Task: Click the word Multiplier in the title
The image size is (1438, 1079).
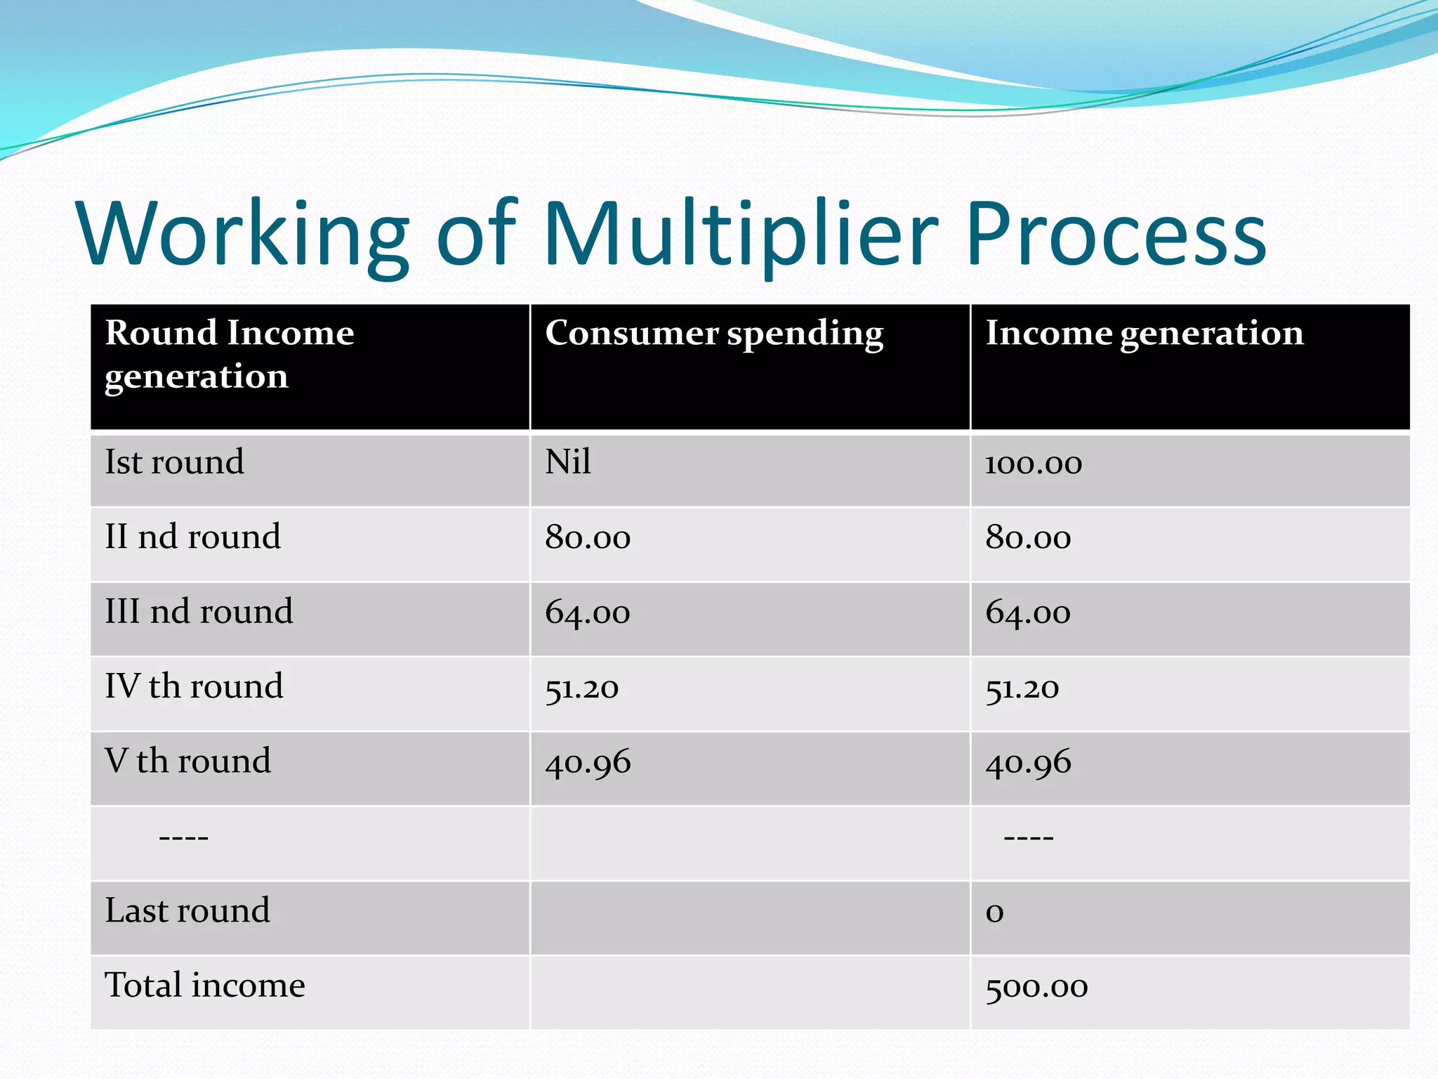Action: coord(740,234)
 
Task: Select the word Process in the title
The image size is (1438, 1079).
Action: coord(1116,234)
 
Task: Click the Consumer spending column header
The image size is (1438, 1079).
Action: coord(713,333)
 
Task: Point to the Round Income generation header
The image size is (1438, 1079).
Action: coord(229,354)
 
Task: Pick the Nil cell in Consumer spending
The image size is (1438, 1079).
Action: coord(567,463)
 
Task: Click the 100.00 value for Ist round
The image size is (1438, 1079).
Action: coord(1033,464)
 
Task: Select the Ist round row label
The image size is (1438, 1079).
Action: coord(174,463)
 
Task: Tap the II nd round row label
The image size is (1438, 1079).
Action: coord(192,537)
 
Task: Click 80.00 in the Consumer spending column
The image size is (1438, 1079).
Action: coord(588,539)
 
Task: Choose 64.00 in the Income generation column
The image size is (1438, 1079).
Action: coord(1027,613)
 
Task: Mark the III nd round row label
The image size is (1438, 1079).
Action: coord(199,612)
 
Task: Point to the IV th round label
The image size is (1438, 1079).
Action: coord(194,687)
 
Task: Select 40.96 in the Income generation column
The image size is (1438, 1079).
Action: coord(1028,763)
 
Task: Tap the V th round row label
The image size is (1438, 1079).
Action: coord(187,761)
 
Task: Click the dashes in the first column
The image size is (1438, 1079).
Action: coord(183,837)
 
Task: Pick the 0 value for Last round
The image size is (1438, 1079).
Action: coord(994,913)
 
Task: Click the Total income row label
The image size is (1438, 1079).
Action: coord(204,986)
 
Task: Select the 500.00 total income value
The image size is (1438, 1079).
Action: coord(1036,988)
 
